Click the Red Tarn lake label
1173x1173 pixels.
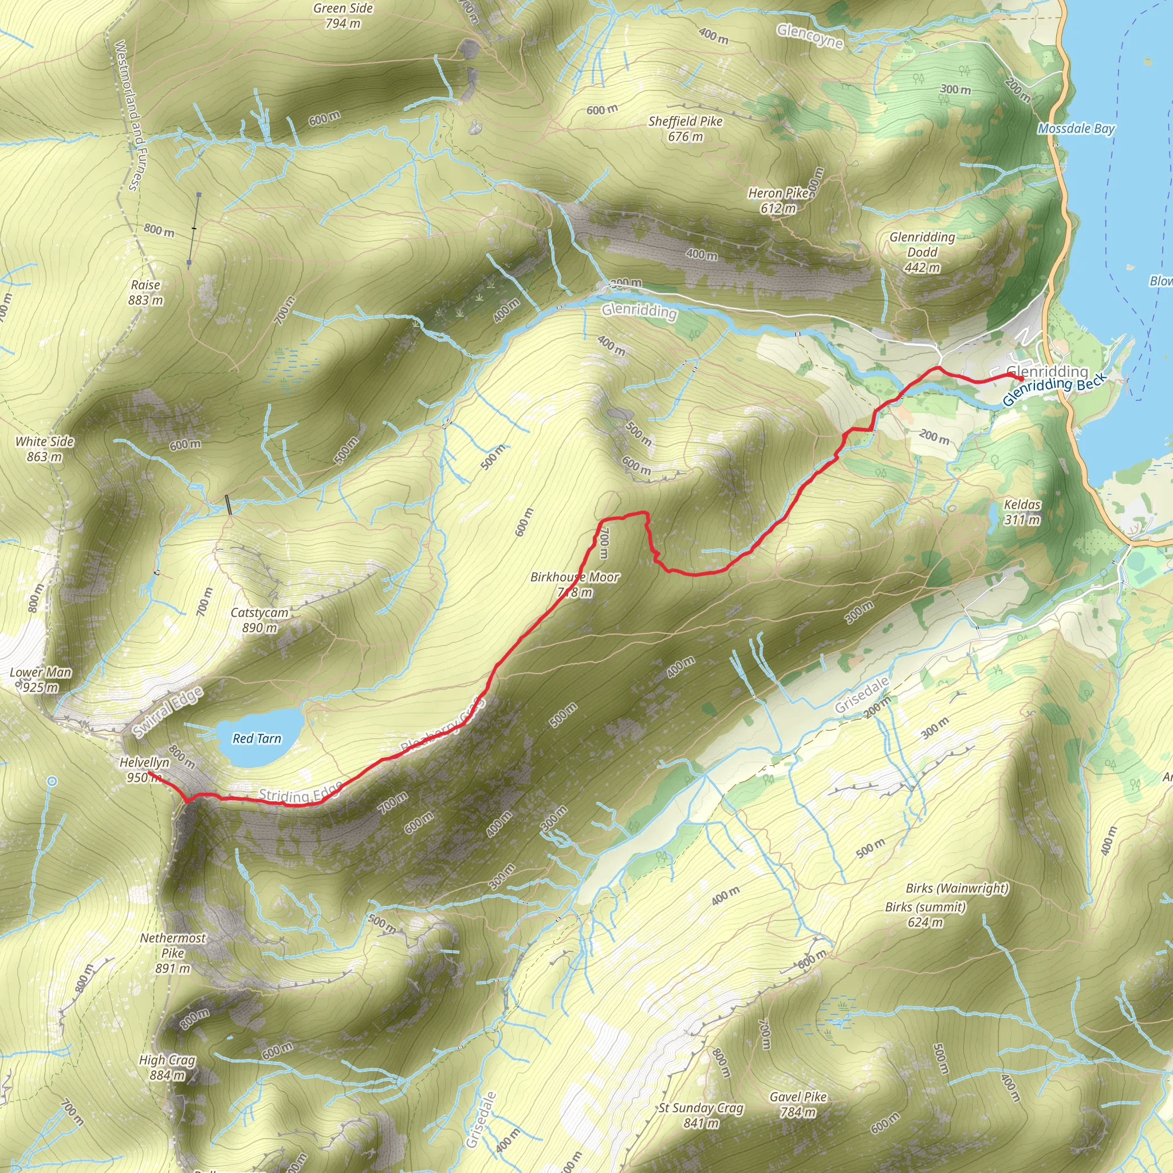point(257,738)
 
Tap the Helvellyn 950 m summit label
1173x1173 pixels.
point(144,770)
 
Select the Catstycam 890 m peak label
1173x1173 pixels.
point(259,620)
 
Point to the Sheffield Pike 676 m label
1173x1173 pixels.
point(686,129)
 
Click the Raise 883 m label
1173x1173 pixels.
point(145,292)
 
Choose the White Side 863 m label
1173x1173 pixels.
point(44,448)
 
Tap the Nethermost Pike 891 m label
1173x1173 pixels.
point(173,952)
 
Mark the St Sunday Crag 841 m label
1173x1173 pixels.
point(701,1115)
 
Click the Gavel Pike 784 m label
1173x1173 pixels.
point(798,1104)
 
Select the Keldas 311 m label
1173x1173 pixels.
point(1022,512)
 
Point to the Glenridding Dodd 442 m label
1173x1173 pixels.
point(922,252)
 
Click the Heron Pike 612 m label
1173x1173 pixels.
point(778,200)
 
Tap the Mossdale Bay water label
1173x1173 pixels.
point(1076,129)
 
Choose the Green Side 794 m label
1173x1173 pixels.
point(343,16)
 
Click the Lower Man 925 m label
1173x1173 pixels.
point(41,679)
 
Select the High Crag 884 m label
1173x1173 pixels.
point(167,1068)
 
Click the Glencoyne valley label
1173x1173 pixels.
point(810,36)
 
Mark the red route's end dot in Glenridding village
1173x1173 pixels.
point(1022,379)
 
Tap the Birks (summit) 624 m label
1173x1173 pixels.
point(926,914)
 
